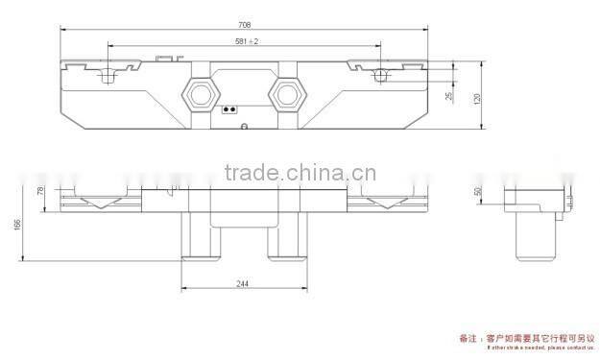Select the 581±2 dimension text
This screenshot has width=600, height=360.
247,41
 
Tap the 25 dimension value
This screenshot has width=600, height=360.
447,97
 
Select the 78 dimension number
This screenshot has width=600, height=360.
41,191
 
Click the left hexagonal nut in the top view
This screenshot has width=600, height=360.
198,92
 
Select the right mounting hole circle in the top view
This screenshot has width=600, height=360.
382,75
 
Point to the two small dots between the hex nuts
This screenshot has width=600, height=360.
229,109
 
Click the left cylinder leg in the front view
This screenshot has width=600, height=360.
200,235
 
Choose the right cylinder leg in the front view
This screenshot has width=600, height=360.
285,235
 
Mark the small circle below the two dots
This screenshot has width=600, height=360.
244,126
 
